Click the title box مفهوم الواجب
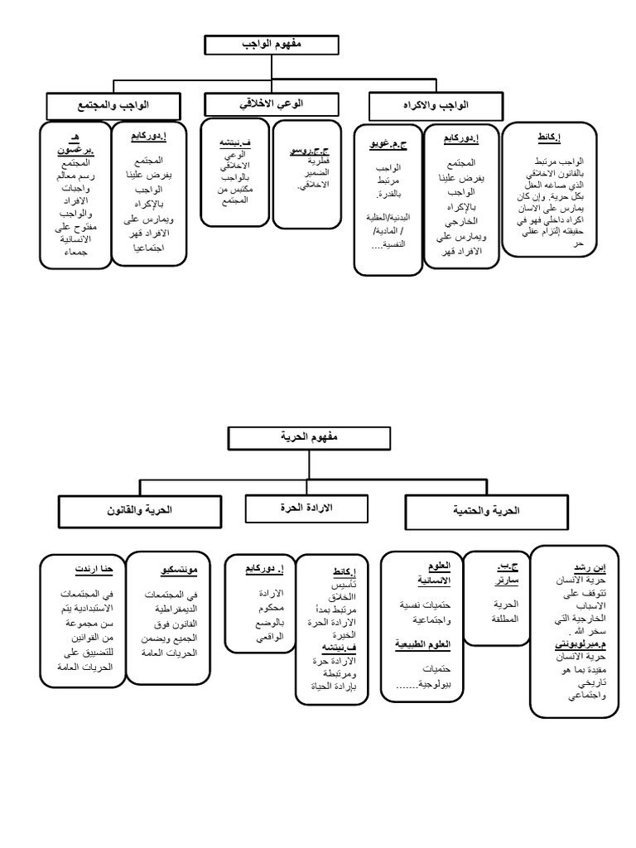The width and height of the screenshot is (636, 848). point(260,46)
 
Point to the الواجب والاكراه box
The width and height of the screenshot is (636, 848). point(436,105)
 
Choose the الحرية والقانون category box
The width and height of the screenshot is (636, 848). point(140,510)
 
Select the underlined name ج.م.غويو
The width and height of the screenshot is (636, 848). point(388,145)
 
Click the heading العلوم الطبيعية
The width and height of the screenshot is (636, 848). point(422,643)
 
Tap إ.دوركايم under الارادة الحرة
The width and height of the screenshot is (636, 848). point(266,570)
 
